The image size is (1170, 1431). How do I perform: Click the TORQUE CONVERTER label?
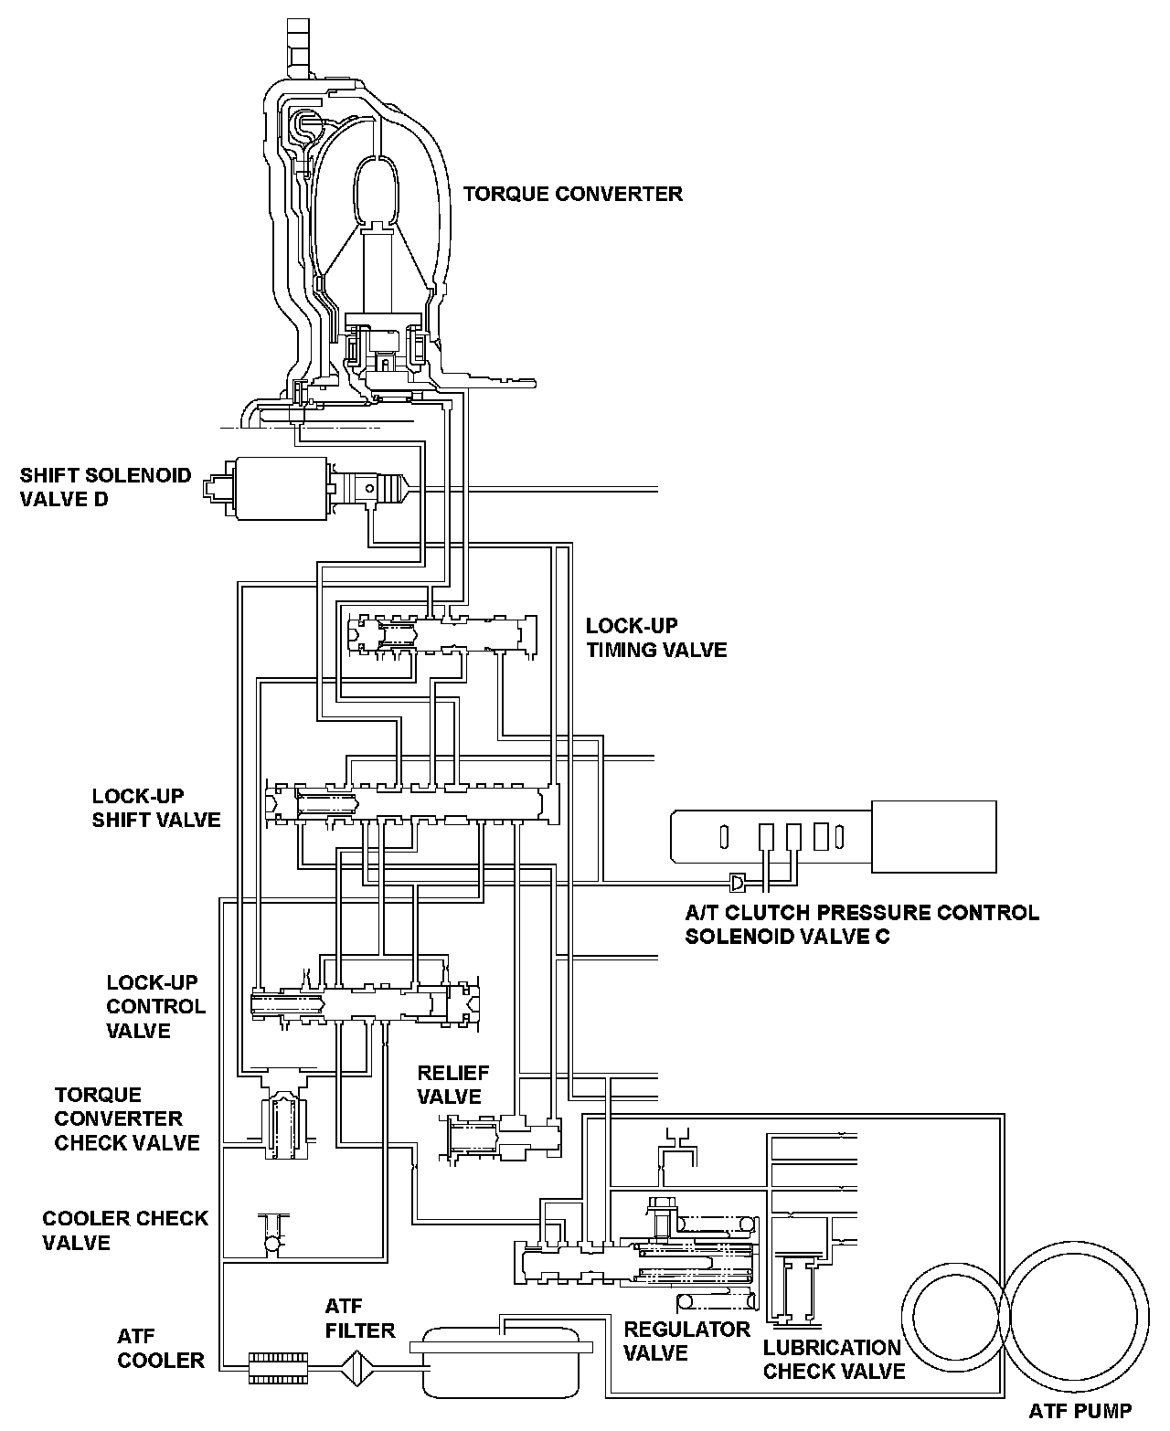tap(572, 194)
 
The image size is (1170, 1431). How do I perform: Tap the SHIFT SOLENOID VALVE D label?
tap(106, 487)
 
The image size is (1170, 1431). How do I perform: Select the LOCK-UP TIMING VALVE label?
tap(656, 638)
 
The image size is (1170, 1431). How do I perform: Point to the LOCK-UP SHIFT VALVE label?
tap(156, 808)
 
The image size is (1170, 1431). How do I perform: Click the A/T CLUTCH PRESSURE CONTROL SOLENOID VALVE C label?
tap(862, 924)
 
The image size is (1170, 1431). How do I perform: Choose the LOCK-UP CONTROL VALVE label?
tap(156, 1006)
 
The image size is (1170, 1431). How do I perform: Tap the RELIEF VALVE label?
tap(453, 1084)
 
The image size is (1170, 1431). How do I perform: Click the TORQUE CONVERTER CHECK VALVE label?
tap(127, 1118)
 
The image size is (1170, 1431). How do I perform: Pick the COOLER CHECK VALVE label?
tap(125, 1230)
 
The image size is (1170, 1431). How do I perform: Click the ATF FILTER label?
tap(360, 1318)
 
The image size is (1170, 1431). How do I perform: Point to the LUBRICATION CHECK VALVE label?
tap(834, 1359)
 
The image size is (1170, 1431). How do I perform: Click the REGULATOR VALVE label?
tap(686, 1341)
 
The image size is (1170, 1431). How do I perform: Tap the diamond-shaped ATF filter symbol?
tap(358, 1368)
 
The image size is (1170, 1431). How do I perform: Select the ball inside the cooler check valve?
tap(273, 1244)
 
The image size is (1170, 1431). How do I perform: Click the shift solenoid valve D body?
tap(282, 488)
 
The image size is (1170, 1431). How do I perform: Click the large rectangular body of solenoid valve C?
tap(933, 835)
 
